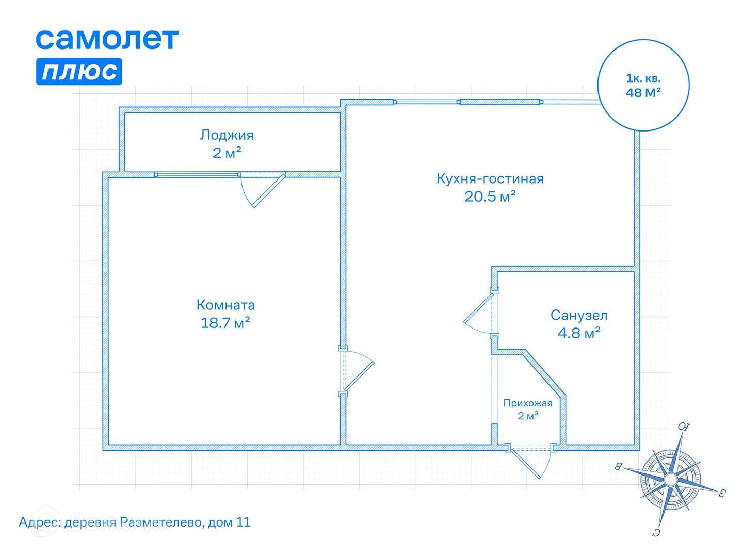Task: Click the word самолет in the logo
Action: (x=107, y=39)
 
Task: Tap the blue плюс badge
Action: (x=79, y=71)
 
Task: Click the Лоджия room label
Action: (x=227, y=135)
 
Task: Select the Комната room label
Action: (x=225, y=305)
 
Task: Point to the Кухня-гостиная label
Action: (x=490, y=179)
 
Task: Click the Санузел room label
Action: (x=578, y=315)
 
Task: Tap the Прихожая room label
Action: (x=527, y=403)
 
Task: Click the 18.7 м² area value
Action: (x=225, y=323)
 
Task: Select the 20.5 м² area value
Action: (x=490, y=196)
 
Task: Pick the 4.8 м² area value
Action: (x=578, y=333)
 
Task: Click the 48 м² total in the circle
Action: (x=643, y=93)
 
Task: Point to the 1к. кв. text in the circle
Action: (x=643, y=78)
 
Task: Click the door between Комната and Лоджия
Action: (x=263, y=188)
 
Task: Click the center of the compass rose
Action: (x=670, y=480)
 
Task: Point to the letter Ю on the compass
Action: (x=683, y=427)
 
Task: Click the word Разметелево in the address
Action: (x=161, y=522)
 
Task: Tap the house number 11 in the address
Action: (x=243, y=522)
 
